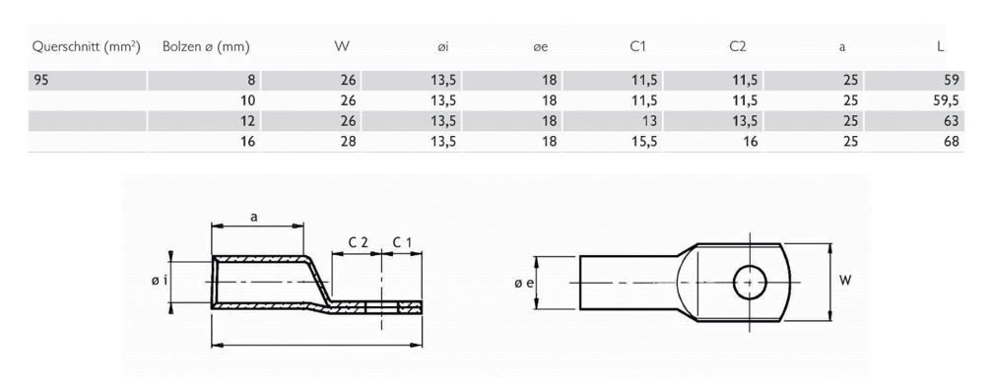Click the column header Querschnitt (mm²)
[85, 46]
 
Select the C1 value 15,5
[642, 141]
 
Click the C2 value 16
[748, 141]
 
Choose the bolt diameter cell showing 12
[248, 121]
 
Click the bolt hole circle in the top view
[751, 282]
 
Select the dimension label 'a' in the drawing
[254, 219]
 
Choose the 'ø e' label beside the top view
[523, 283]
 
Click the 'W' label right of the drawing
[844, 282]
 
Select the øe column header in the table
[540, 46]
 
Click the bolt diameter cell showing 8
[252, 80]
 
